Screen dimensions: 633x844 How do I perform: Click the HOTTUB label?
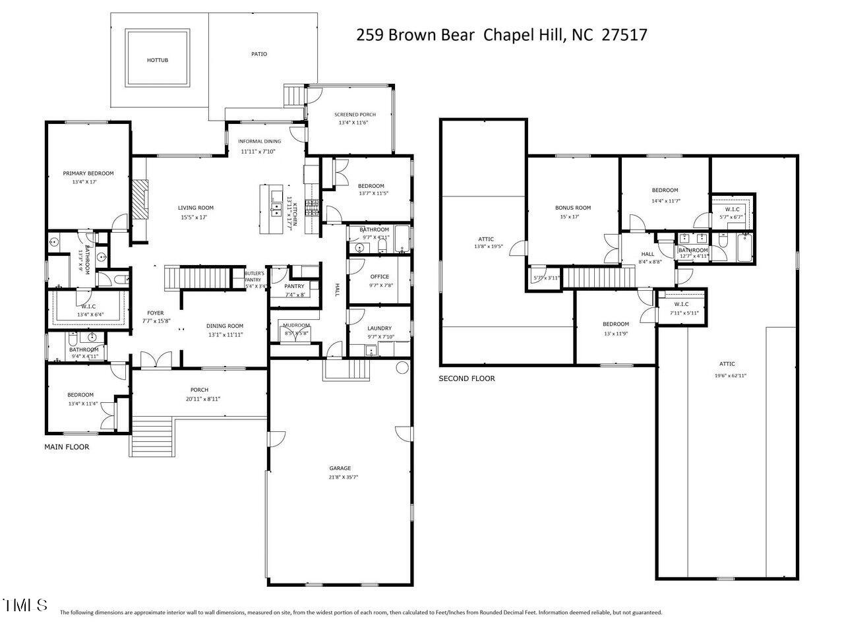point(158,60)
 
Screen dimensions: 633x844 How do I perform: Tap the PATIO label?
point(259,54)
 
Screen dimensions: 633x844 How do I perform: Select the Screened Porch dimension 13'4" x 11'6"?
point(353,123)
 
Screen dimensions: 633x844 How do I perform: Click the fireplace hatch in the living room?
point(139,200)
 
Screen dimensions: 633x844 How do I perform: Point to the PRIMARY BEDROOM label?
point(88,173)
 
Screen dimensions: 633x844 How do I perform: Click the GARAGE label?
point(340,468)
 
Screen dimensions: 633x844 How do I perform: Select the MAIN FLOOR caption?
point(67,447)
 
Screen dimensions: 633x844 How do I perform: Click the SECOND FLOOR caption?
point(467,378)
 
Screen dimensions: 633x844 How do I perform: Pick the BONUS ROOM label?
point(572,208)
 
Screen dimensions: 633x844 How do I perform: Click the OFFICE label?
point(379,277)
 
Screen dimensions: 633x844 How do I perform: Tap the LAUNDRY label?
point(379,328)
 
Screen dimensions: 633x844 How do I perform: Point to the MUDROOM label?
point(296,325)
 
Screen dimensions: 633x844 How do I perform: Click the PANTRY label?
point(294,286)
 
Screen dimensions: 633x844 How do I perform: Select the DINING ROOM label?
point(225,326)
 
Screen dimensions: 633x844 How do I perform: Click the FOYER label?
point(156,313)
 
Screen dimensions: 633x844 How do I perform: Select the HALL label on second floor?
point(648,254)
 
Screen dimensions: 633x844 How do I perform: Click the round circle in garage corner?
point(402,367)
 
